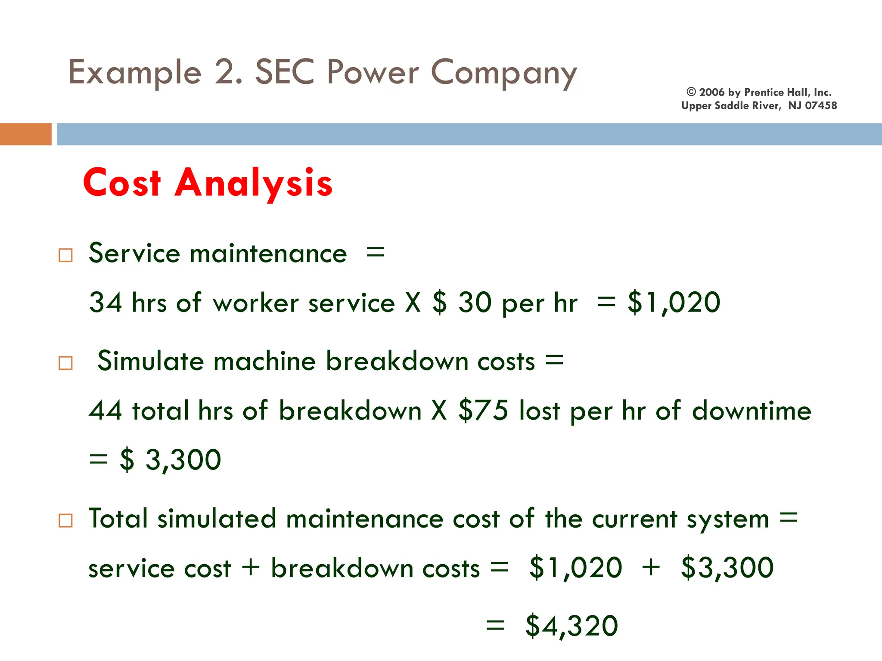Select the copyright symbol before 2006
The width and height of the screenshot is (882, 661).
point(691,92)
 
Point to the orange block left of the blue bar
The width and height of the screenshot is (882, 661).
point(25,134)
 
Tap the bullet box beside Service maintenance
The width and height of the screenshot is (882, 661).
point(65,255)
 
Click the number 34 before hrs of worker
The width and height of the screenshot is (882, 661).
point(106,302)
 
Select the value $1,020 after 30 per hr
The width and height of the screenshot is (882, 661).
point(674,302)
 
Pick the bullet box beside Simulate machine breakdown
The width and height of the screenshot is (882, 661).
point(65,363)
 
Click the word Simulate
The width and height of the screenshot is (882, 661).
point(150,361)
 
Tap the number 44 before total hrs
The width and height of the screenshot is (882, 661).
point(106,410)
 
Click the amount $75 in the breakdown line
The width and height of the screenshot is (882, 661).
point(483,410)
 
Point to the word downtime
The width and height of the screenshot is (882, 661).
point(752,410)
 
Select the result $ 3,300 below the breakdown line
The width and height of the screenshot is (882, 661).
point(170,460)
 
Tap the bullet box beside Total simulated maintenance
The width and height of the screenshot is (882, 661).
point(65,521)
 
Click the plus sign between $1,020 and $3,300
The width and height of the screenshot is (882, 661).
point(651,567)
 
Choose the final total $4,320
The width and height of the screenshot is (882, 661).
point(571,626)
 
